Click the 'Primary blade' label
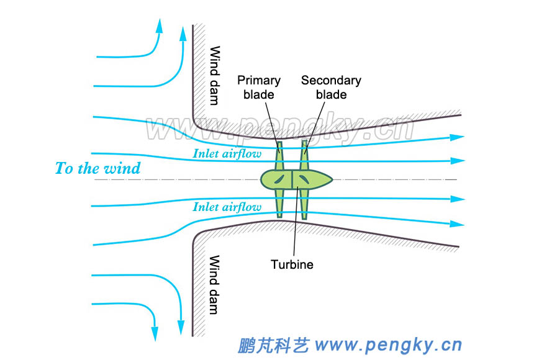259,88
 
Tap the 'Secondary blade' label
331,88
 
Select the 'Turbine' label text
292,264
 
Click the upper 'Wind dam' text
215,75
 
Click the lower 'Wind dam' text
215,284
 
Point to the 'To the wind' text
97,168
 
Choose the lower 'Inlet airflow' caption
227,207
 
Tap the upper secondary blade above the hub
304,155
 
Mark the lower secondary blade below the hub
304,204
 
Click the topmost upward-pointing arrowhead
160,25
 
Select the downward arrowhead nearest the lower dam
181,327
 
